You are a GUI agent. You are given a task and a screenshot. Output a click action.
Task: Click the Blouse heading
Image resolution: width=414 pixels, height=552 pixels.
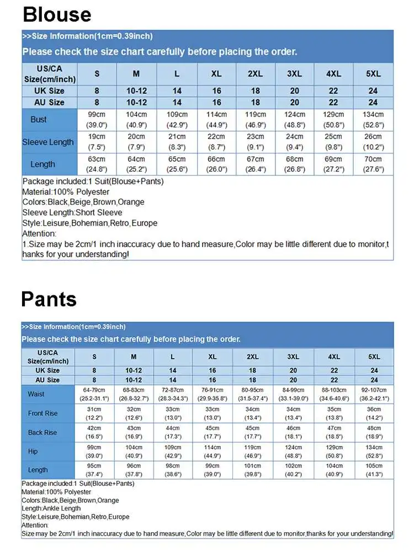[57, 14]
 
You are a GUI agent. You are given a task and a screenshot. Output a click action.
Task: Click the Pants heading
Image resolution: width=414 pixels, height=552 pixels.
[49, 299]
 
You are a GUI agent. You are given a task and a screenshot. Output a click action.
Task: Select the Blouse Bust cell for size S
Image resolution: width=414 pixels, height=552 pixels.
[97, 120]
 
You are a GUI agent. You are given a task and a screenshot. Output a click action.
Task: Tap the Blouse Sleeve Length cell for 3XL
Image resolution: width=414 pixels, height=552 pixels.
[295, 142]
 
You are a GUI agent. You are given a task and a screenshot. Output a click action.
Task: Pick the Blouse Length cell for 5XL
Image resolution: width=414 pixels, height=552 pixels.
[373, 164]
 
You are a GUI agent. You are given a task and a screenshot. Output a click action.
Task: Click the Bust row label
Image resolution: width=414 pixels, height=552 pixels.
[39, 120]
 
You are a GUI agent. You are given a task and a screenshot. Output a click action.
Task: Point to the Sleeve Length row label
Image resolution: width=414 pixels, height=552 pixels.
[48, 142]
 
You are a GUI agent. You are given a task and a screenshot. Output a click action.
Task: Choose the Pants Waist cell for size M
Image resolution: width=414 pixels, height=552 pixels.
[134, 394]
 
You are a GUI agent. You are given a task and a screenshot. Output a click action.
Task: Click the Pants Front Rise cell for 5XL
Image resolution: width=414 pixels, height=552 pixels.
[374, 413]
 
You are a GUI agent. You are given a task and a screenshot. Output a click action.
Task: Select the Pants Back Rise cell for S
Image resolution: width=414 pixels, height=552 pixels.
[94, 432]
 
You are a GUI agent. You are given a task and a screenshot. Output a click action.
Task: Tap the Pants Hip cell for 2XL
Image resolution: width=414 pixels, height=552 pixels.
[253, 452]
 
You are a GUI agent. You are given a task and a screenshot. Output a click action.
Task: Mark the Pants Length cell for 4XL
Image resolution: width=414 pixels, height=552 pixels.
[333, 470]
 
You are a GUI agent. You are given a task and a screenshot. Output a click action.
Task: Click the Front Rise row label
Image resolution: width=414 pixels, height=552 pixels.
[43, 413]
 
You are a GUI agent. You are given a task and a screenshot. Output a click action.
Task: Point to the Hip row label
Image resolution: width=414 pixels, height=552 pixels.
[33, 452]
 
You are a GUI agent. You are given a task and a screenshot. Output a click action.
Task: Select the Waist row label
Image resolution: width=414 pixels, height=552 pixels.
[36, 394]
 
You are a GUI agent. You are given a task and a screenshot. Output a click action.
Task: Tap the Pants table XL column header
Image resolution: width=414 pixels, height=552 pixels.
[213, 357]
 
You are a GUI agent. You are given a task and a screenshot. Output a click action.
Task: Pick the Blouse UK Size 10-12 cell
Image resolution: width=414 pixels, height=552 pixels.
[136, 91]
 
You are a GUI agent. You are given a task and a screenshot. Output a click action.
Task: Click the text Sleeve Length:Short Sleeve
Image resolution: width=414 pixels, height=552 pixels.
[72, 213]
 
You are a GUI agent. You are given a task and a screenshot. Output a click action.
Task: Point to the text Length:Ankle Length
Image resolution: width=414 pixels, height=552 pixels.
[51, 508]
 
